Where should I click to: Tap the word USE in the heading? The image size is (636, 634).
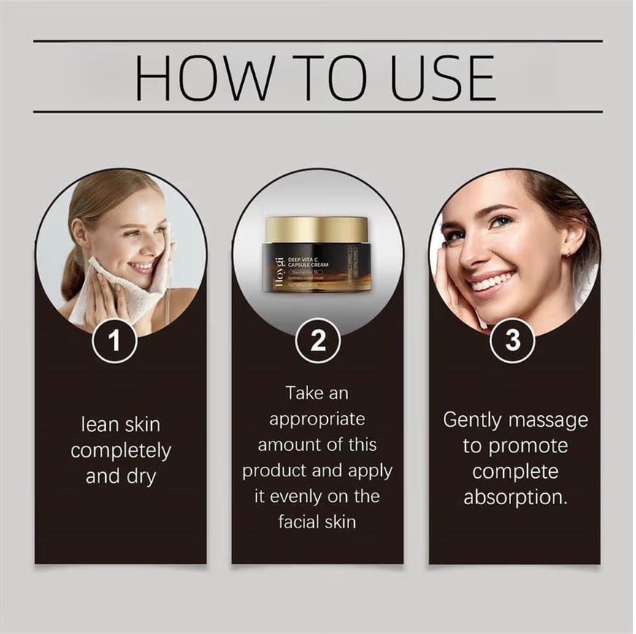442,77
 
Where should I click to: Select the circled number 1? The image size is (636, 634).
114,341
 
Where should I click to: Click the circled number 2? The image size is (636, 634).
318,341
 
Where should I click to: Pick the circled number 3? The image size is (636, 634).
513,341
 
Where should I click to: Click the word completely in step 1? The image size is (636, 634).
120,451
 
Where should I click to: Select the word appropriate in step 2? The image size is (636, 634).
317,420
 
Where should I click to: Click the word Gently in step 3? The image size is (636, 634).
472,420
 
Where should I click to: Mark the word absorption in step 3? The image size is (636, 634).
516,497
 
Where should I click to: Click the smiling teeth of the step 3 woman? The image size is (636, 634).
492,282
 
